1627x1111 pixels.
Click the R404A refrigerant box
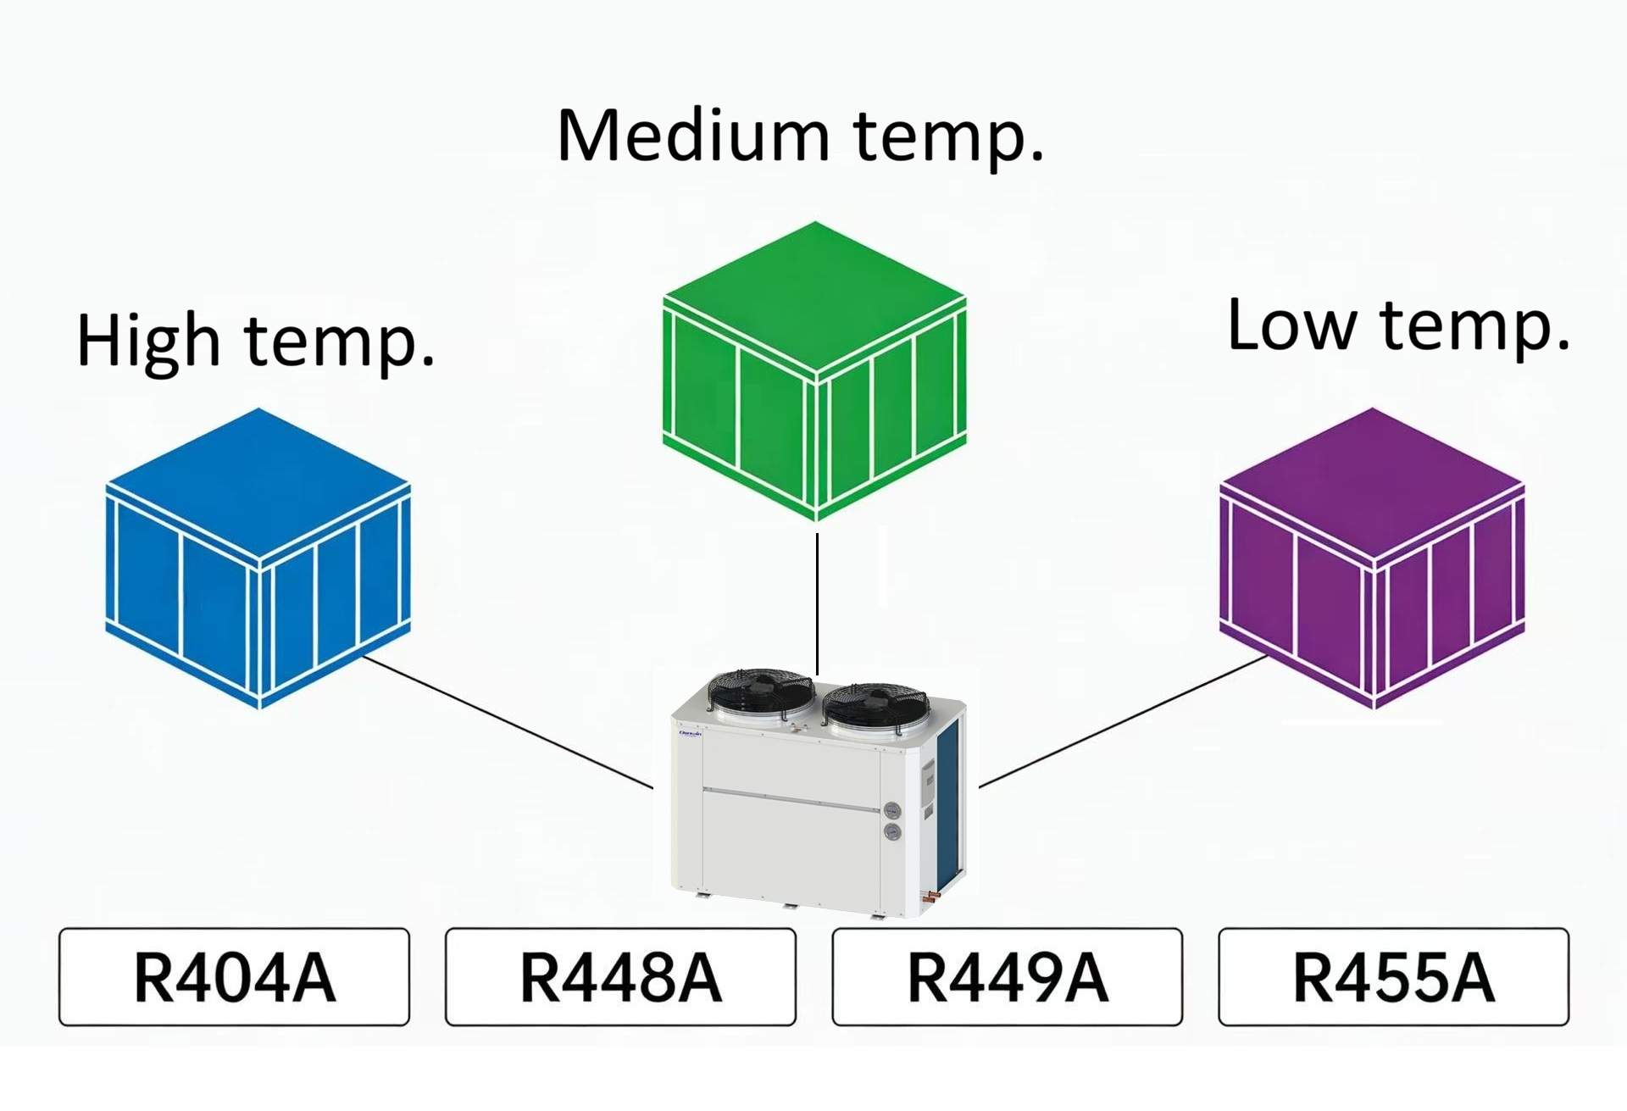pos(234,977)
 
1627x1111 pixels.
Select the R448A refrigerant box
pos(620,977)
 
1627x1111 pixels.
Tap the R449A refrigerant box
pos(1007,977)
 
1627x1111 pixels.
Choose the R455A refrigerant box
pos(1393,977)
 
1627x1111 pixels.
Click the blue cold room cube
pos(258,559)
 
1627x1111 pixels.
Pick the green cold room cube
pos(814,373)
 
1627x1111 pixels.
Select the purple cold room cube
pos(1372,559)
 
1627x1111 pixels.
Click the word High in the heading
pos(148,342)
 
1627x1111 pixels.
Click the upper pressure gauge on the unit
pos(892,810)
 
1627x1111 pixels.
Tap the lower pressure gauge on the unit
pos(892,832)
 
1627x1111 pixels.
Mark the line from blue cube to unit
pos(508,723)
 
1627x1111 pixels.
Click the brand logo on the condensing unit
pos(690,734)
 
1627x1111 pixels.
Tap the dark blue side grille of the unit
pos(948,805)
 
